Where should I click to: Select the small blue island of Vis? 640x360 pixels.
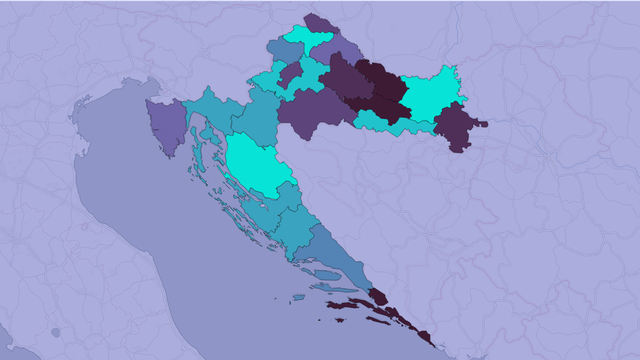[x=298, y=297]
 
